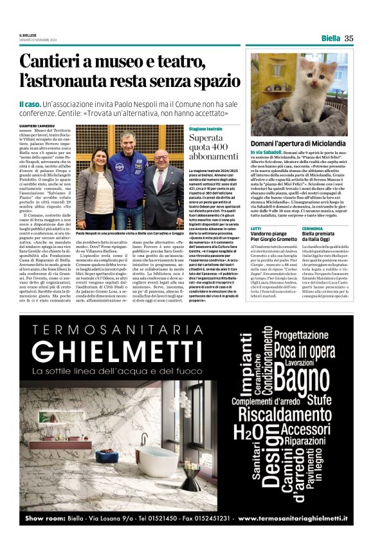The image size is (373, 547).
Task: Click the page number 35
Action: [349, 38]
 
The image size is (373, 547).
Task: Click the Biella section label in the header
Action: [331, 38]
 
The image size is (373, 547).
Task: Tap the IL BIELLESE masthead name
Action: [30, 35]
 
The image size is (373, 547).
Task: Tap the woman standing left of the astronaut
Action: [91, 193]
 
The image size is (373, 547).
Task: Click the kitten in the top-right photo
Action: [318, 87]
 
